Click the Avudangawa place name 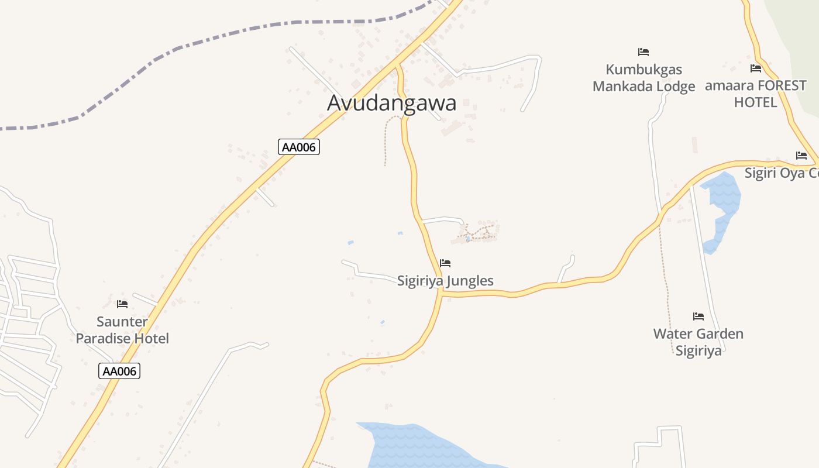click(x=391, y=103)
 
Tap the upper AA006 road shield click(x=299, y=147)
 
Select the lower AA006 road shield click(x=119, y=371)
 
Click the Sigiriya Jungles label click(x=445, y=281)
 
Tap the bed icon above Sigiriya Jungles click(x=445, y=263)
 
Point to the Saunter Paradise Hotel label click(x=122, y=330)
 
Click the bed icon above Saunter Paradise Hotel click(x=122, y=304)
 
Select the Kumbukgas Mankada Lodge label click(x=643, y=78)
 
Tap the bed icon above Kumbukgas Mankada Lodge click(x=643, y=52)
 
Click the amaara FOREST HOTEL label click(x=756, y=94)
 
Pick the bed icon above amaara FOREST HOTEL click(x=756, y=68)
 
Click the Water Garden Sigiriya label click(x=698, y=342)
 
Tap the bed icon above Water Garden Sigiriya click(x=698, y=316)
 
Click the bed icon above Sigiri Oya click(x=801, y=156)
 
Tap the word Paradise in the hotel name click(x=105, y=338)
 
